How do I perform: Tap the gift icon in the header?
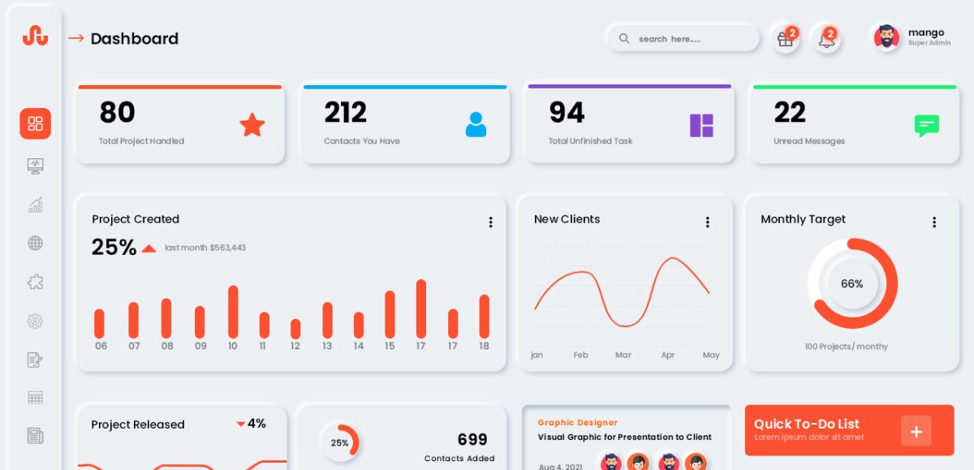785,39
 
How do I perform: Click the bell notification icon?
826,39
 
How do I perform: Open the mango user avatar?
886,37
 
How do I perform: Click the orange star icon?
252,125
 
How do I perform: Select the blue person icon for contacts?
476,124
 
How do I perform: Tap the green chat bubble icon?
926,125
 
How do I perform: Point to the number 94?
567,112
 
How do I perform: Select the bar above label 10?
233,312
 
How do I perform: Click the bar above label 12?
295,329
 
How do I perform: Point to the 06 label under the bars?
101,346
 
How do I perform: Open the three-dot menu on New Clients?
707,222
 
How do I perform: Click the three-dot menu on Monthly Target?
933,222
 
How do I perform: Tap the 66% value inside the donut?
852,283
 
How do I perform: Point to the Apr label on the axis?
668,355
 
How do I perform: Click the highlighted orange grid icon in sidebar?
35,123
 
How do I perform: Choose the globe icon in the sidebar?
35,243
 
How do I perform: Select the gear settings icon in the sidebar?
35,321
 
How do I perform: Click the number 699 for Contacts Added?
472,439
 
